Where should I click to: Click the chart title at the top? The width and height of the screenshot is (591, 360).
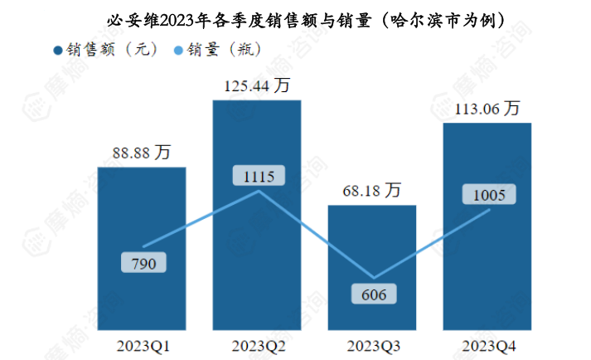pyautogui.click(x=307, y=18)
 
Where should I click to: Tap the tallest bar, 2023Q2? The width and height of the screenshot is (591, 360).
pyautogui.click(x=257, y=249)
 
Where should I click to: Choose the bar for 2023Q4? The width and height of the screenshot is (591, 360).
pyautogui.click(x=487, y=265)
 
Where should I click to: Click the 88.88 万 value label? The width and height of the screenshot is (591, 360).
pyautogui.click(x=142, y=153)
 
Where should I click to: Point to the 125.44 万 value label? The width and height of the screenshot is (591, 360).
pyautogui.click(x=257, y=85)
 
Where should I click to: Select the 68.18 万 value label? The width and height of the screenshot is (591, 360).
pyautogui.click(x=372, y=191)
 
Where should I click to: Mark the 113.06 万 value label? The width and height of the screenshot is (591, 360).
pyautogui.click(x=487, y=109)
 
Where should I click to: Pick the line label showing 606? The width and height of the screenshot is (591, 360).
pyautogui.click(x=373, y=294)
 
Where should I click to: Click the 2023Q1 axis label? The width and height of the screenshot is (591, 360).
pyautogui.click(x=142, y=344)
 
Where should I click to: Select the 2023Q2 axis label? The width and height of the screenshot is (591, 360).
pyautogui.click(x=257, y=344)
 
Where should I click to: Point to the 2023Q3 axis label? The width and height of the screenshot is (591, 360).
pyautogui.click(x=372, y=344)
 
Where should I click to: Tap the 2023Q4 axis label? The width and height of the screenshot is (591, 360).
pyautogui.click(x=487, y=344)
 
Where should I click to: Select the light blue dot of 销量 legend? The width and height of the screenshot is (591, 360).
pyautogui.click(x=179, y=50)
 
